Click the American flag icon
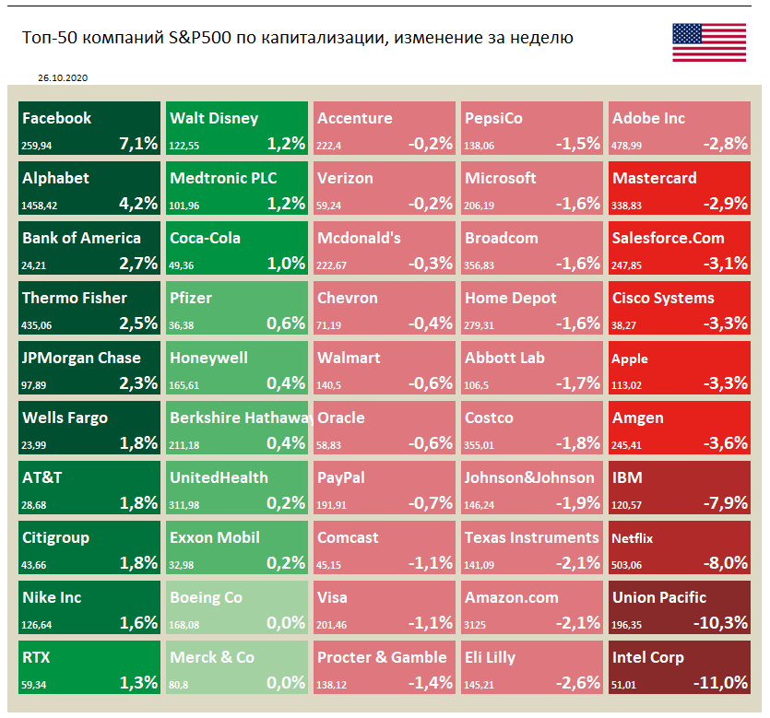click(x=709, y=42)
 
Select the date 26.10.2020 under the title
click(x=64, y=79)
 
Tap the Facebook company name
click(x=57, y=118)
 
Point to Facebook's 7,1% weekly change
click(x=138, y=143)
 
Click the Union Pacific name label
click(x=659, y=597)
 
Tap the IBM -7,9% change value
click(x=724, y=502)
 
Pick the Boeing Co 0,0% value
click(x=285, y=622)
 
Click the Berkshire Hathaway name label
click(x=238, y=418)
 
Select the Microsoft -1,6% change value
click(x=577, y=203)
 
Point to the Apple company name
click(x=630, y=359)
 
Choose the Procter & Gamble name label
click(x=382, y=657)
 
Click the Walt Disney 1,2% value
click(x=285, y=143)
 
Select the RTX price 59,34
click(x=35, y=683)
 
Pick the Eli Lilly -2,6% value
click(x=577, y=682)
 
